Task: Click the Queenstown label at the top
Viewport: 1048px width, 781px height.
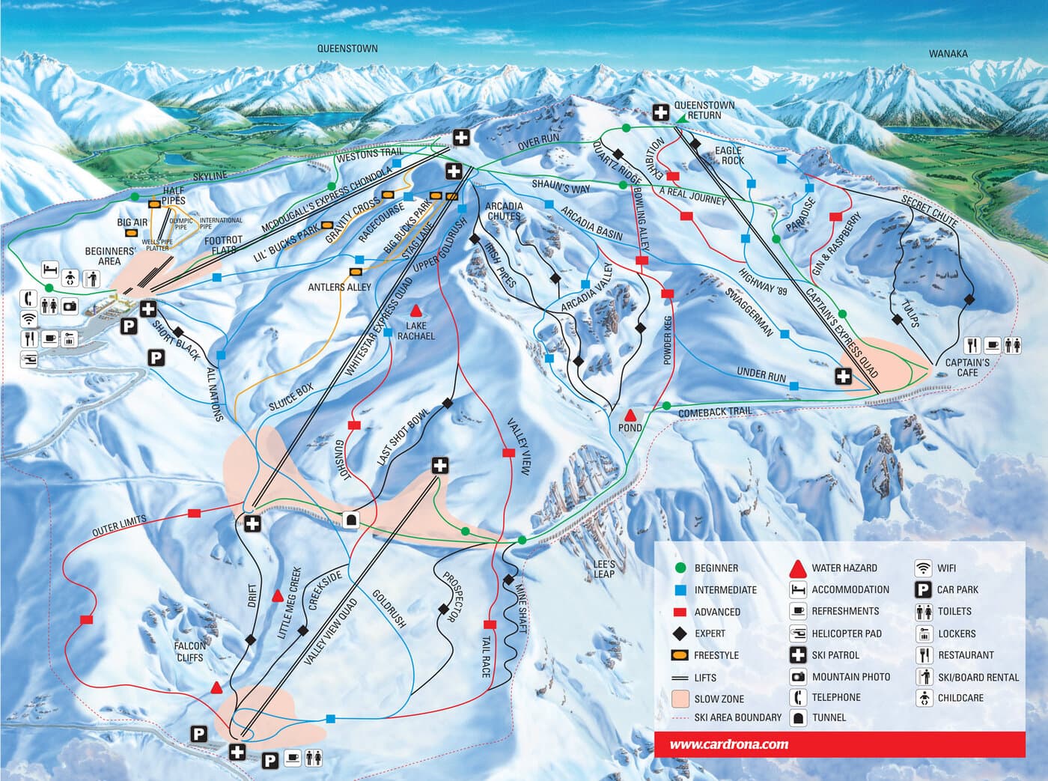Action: coord(347,49)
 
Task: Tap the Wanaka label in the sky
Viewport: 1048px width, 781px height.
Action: coord(948,54)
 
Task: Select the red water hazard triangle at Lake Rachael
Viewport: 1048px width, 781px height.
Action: coord(415,310)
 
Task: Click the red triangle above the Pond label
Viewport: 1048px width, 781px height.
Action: coord(630,414)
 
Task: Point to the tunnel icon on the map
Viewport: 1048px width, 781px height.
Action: coord(351,520)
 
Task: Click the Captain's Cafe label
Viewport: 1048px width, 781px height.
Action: coord(966,368)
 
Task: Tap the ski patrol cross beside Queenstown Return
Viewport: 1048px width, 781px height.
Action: coord(660,112)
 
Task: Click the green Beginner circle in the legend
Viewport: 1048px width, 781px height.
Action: coord(680,568)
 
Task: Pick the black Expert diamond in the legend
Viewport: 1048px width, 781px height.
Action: coord(680,633)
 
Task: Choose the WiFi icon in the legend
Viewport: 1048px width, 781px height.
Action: coord(923,568)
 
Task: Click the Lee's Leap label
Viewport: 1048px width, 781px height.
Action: coord(603,569)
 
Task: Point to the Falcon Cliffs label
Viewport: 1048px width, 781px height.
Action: coord(190,651)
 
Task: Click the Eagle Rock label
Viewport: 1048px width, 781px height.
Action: coord(728,156)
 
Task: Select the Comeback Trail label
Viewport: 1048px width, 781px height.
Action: coord(714,413)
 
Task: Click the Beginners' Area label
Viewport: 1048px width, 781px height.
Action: coord(109,256)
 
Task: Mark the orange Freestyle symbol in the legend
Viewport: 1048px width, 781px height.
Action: coord(680,655)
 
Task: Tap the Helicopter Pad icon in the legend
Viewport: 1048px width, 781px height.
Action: coord(798,633)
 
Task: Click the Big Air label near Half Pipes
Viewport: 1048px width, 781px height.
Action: coord(132,222)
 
